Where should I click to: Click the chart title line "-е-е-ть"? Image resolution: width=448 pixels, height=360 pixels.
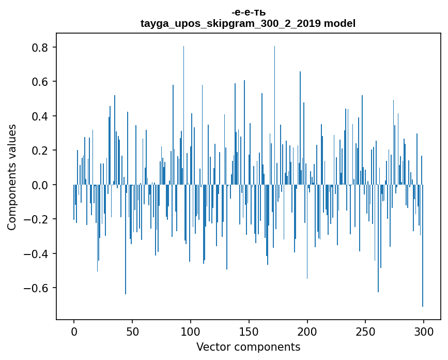[248, 12]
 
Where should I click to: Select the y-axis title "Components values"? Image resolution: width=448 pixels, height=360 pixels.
[12, 177]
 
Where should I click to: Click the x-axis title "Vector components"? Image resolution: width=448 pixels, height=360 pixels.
[248, 347]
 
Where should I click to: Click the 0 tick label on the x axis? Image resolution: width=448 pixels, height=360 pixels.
[74, 331]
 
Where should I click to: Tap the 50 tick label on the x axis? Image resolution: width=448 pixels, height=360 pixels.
[132, 331]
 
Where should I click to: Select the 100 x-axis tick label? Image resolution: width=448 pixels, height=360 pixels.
[191, 331]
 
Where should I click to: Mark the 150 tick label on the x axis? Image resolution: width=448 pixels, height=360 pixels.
[249, 331]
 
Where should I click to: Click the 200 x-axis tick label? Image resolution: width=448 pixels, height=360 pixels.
[307, 331]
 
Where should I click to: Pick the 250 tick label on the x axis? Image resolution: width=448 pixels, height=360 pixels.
[366, 331]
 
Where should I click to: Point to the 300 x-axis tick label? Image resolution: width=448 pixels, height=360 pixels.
[424, 331]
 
